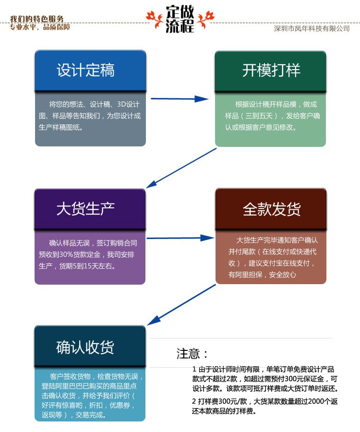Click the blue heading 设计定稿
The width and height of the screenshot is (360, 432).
point(85,70)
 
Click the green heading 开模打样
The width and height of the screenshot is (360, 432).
point(271,70)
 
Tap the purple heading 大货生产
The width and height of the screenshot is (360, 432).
point(85,209)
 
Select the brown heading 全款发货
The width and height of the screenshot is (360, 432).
point(272,209)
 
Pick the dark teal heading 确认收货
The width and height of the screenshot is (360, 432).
point(85,347)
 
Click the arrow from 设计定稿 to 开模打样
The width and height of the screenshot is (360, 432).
point(180,98)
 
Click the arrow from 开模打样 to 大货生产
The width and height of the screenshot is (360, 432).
point(181,168)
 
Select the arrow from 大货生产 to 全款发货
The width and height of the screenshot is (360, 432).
point(180,238)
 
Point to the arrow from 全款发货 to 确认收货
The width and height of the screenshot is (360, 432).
point(181,305)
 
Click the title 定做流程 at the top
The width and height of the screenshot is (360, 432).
point(180,19)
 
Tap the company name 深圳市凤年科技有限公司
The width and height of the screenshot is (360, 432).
point(312,28)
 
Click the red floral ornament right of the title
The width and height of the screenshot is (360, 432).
point(206,19)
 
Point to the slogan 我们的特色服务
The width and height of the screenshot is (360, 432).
point(37,19)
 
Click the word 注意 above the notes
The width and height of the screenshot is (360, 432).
point(188,353)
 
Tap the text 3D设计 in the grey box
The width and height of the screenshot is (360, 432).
point(128,104)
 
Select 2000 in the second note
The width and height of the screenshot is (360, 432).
point(316,401)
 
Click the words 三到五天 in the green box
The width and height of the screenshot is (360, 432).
point(259,116)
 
